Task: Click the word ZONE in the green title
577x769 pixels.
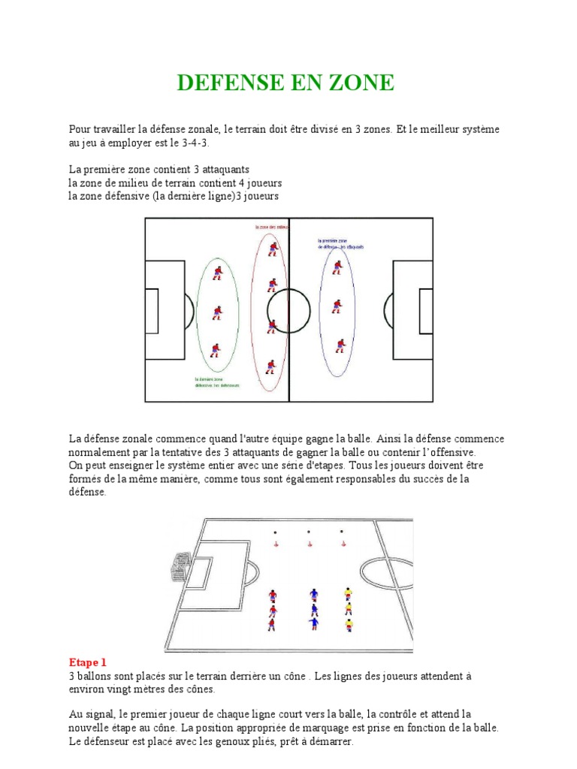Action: [x=358, y=83]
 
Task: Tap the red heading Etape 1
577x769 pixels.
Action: [x=87, y=662]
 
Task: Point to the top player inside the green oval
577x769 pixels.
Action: [x=217, y=273]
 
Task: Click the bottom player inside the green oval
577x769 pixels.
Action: [x=215, y=349]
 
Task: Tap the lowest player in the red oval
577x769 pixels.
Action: [x=271, y=367]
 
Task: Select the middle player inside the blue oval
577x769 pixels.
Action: [x=337, y=306]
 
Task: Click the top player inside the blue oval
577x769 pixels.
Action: [x=338, y=267]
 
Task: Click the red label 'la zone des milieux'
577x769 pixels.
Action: [x=272, y=226]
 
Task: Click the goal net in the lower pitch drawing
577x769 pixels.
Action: [x=180, y=564]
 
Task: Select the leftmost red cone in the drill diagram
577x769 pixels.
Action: [x=276, y=544]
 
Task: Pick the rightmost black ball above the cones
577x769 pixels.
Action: [x=342, y=532]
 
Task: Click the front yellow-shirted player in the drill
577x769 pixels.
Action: [x=348, y=594]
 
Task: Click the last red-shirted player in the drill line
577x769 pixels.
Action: [x=271, y=624]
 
